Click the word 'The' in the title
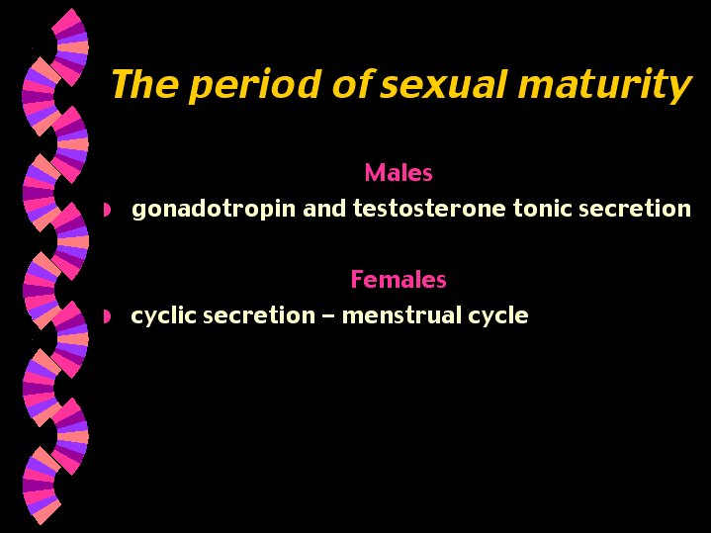click(144, 86)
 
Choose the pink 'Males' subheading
click(399, 173)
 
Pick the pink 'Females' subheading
click(399, 280)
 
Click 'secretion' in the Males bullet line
click(638, 210)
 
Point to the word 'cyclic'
click(161, 316)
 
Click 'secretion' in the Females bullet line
click(252, 316)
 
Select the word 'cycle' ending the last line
click(500, 316)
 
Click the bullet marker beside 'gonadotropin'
click(108, 210)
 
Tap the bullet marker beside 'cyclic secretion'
click(108, 316)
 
